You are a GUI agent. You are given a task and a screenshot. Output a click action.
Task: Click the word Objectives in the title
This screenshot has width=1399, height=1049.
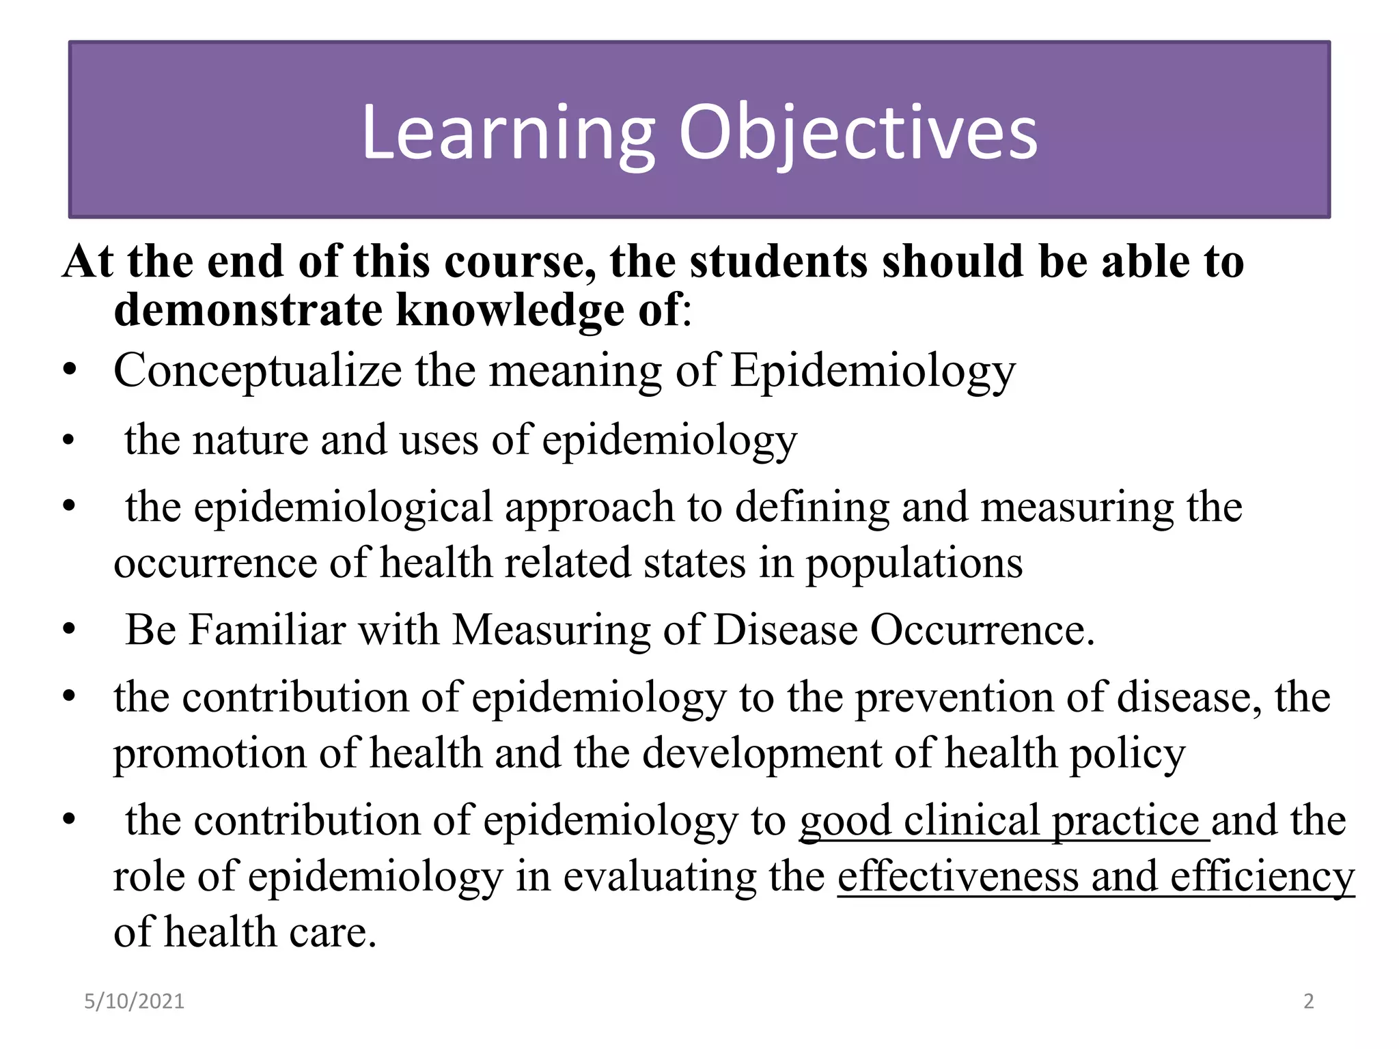coord(858,133)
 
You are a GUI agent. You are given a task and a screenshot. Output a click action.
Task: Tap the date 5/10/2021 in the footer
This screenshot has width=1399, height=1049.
coord(134,1001)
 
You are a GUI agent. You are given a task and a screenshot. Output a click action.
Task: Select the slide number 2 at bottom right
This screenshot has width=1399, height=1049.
coord(1309,1001)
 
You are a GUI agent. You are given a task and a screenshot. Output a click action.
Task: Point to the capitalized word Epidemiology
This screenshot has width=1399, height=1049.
coord(873,372)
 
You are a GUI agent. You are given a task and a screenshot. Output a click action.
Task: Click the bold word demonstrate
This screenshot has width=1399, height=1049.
coord(248,310)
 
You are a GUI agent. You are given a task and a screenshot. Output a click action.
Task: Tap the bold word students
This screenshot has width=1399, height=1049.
coord(779,262)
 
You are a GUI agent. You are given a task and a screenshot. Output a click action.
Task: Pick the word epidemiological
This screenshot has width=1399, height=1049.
coord(344,508)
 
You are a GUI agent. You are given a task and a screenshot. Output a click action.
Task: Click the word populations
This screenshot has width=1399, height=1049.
coord(914,564)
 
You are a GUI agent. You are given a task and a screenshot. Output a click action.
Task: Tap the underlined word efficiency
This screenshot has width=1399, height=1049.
coord(1262,878)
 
